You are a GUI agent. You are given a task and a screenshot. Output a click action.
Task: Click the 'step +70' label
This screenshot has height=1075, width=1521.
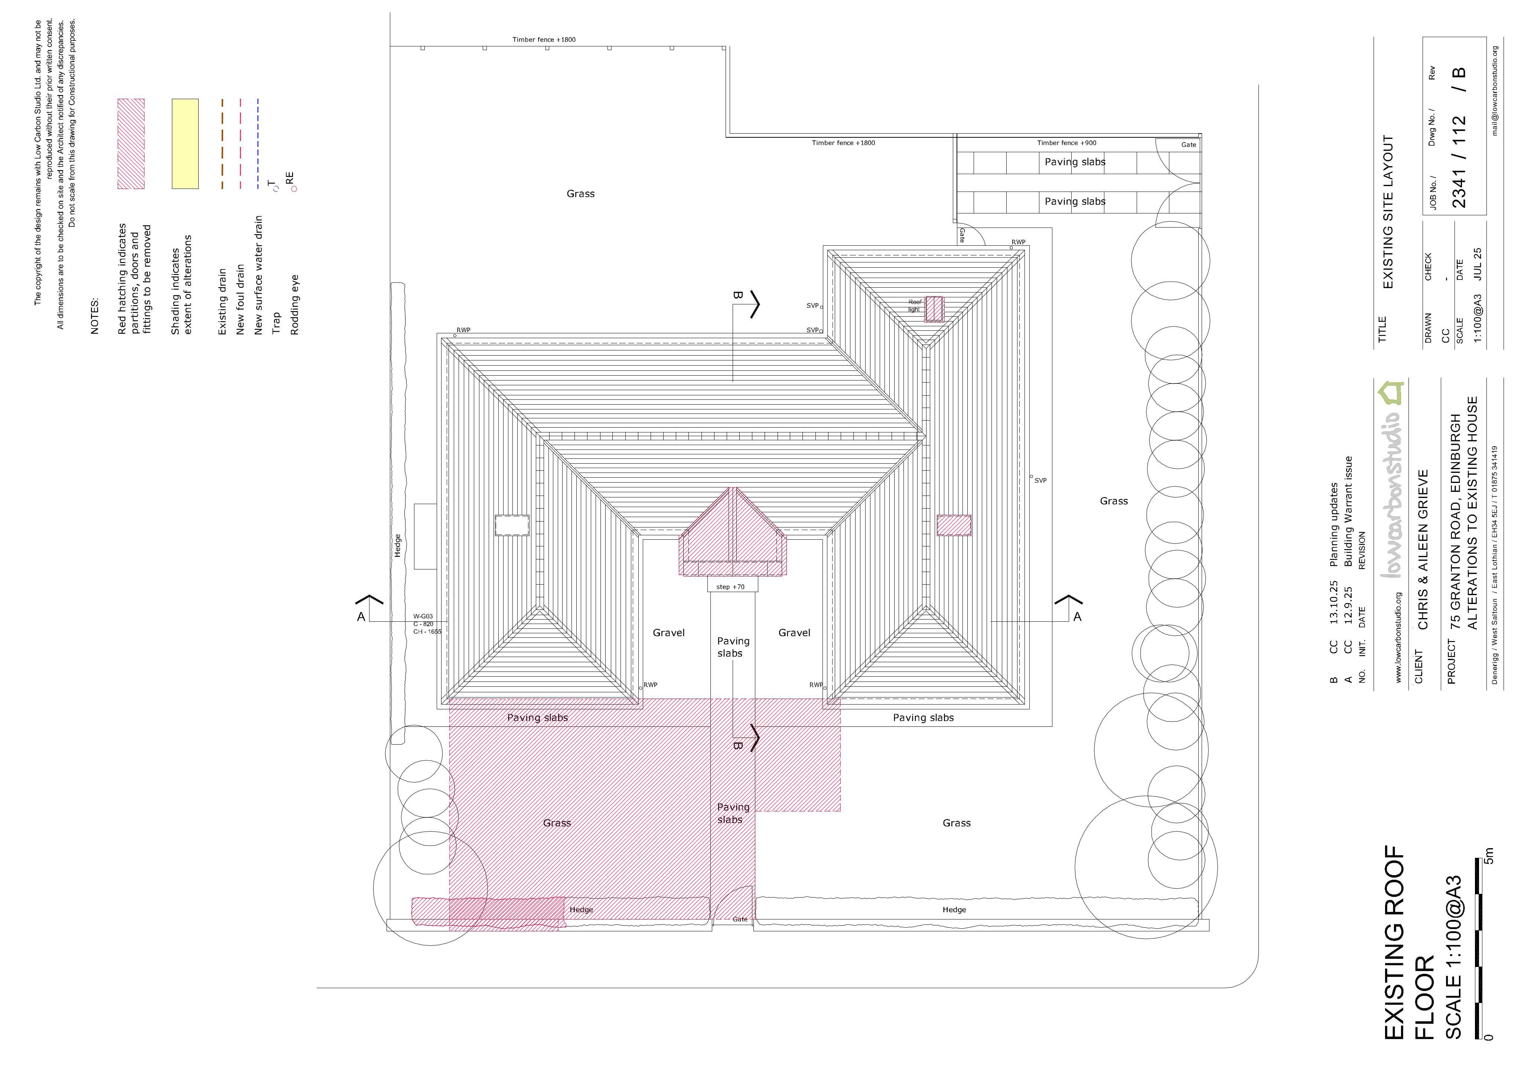[730, 587]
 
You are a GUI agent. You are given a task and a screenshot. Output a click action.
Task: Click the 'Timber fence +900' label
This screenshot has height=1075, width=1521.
[1066, 143]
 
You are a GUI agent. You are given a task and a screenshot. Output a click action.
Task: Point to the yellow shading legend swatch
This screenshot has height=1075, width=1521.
[185, 144]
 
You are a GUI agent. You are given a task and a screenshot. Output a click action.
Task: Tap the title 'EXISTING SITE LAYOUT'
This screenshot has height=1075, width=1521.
[1388, 212]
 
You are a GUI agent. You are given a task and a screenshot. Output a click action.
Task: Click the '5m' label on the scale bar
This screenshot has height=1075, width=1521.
[1489, 856]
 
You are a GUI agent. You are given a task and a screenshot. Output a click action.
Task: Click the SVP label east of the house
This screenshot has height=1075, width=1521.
[1041, 481]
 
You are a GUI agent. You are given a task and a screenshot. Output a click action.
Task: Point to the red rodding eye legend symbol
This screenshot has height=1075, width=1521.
[294, 189]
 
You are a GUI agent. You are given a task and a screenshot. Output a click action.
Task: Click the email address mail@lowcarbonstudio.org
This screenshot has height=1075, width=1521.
[1495, 91]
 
